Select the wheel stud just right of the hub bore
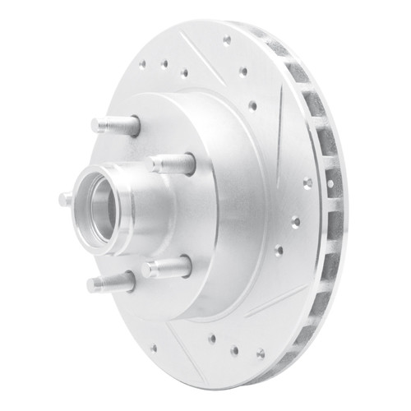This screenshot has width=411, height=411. tap(173, 163)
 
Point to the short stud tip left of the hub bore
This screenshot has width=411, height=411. tap(65, 198)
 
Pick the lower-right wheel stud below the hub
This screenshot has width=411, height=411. tap(166, 267)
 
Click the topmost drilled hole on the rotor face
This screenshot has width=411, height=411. tap(227, 39)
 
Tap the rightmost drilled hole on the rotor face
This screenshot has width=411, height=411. tap(307, 182)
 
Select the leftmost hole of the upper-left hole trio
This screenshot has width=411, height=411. tap(142, 62)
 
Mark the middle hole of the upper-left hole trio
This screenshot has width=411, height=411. tap(164, 63)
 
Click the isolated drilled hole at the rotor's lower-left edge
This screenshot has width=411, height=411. tap(153, 348)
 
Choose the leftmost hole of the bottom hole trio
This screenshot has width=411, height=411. tap(212, 338)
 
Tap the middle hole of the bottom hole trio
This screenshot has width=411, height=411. tap(234, 350)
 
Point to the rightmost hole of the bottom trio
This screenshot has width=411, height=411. tap(260, 353)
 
